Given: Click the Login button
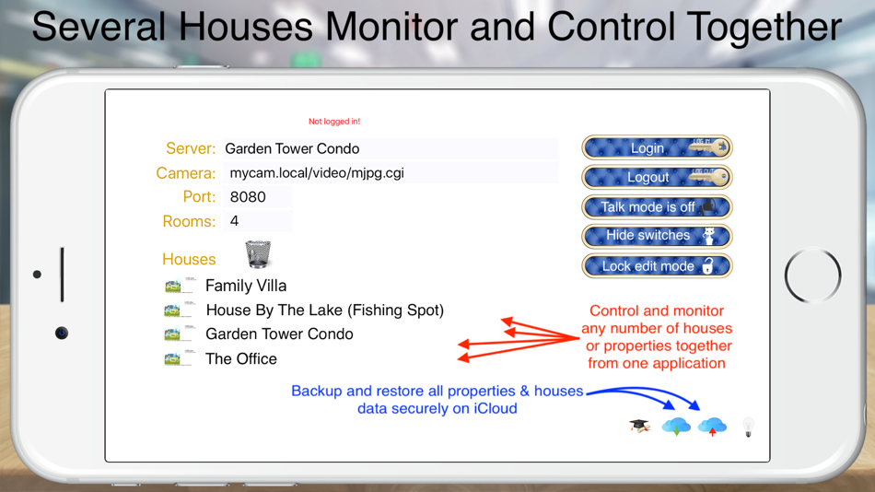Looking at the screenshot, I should pos(656,147).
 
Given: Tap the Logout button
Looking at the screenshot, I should pos(656,177).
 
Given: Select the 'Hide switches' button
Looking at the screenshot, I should pos(656,236).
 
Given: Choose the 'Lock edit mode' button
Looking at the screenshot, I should pos(656,266).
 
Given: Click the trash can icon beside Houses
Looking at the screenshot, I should pos(258,253).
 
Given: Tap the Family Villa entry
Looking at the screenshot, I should pos(246,286).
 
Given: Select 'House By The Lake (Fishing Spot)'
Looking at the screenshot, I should pos(324,310).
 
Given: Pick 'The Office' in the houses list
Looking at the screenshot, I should pos(241,359).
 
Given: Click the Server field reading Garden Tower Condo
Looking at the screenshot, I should pos(389,148).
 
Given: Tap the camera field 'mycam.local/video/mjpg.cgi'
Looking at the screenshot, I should pos(389,173).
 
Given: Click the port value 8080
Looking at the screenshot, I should pos(257,197).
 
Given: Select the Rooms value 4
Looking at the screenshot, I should pos(257,221).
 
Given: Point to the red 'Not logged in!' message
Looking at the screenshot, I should pos(334,122).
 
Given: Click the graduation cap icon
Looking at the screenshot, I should pos(639,426).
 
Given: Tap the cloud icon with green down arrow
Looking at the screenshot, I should pos(676,427).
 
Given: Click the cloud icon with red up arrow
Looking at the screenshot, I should pos(712,427).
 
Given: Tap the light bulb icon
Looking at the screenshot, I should pos(748,427).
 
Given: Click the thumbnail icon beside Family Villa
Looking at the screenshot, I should pos(179,286).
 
